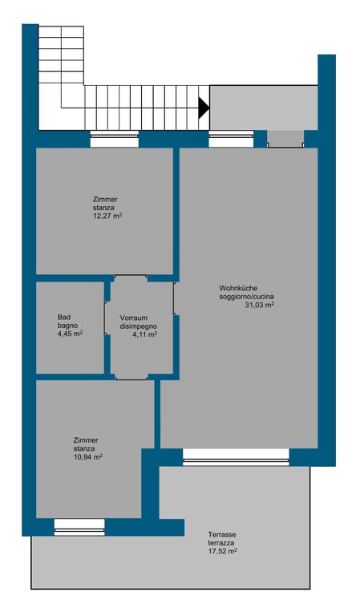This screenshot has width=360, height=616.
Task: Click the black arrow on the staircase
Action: coord(204,107)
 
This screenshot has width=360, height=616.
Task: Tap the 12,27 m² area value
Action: coord(107,216)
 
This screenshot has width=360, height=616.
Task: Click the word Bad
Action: coord(63,317)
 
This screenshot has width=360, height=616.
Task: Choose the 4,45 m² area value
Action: coord(70,334)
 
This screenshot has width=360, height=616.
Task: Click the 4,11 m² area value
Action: coord(145,334)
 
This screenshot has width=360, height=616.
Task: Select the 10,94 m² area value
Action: coord(88,457)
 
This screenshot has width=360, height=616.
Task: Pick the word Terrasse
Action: coord(222,535)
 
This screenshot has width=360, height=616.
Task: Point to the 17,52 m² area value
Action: coord(223,551)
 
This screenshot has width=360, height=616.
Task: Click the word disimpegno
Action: coord(139,326)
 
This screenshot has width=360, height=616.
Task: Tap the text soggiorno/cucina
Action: coord(247,297)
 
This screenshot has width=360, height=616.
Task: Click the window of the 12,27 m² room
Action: coord(114,139)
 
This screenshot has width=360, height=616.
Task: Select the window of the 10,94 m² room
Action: coord(79,527)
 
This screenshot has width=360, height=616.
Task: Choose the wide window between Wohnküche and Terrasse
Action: coord(236,457)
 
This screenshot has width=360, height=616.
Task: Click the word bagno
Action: coord(67,326)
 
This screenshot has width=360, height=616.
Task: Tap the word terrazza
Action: coord(222,543)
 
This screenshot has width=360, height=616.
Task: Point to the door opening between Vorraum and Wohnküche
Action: coord(174,298)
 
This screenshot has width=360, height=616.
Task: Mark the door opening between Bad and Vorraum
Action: coord(106,318)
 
